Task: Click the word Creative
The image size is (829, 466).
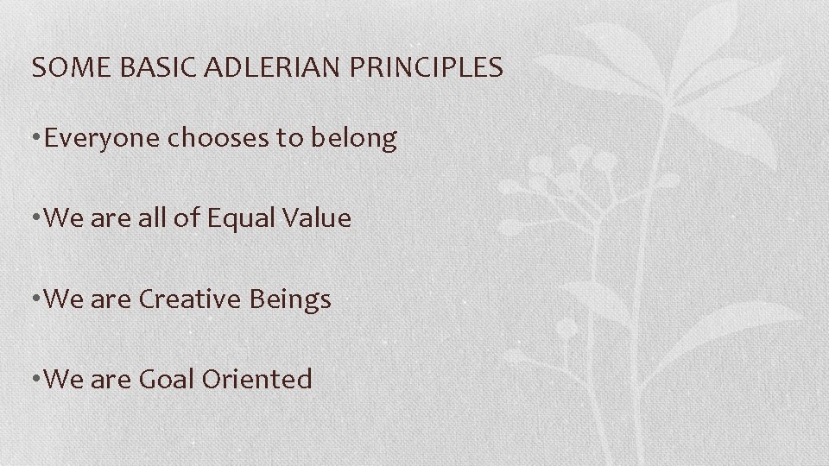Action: click(189, 299)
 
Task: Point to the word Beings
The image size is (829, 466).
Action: click(290, 300)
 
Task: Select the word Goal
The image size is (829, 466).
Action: click(169, 379)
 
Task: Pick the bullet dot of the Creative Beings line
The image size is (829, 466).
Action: click(35, 300)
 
